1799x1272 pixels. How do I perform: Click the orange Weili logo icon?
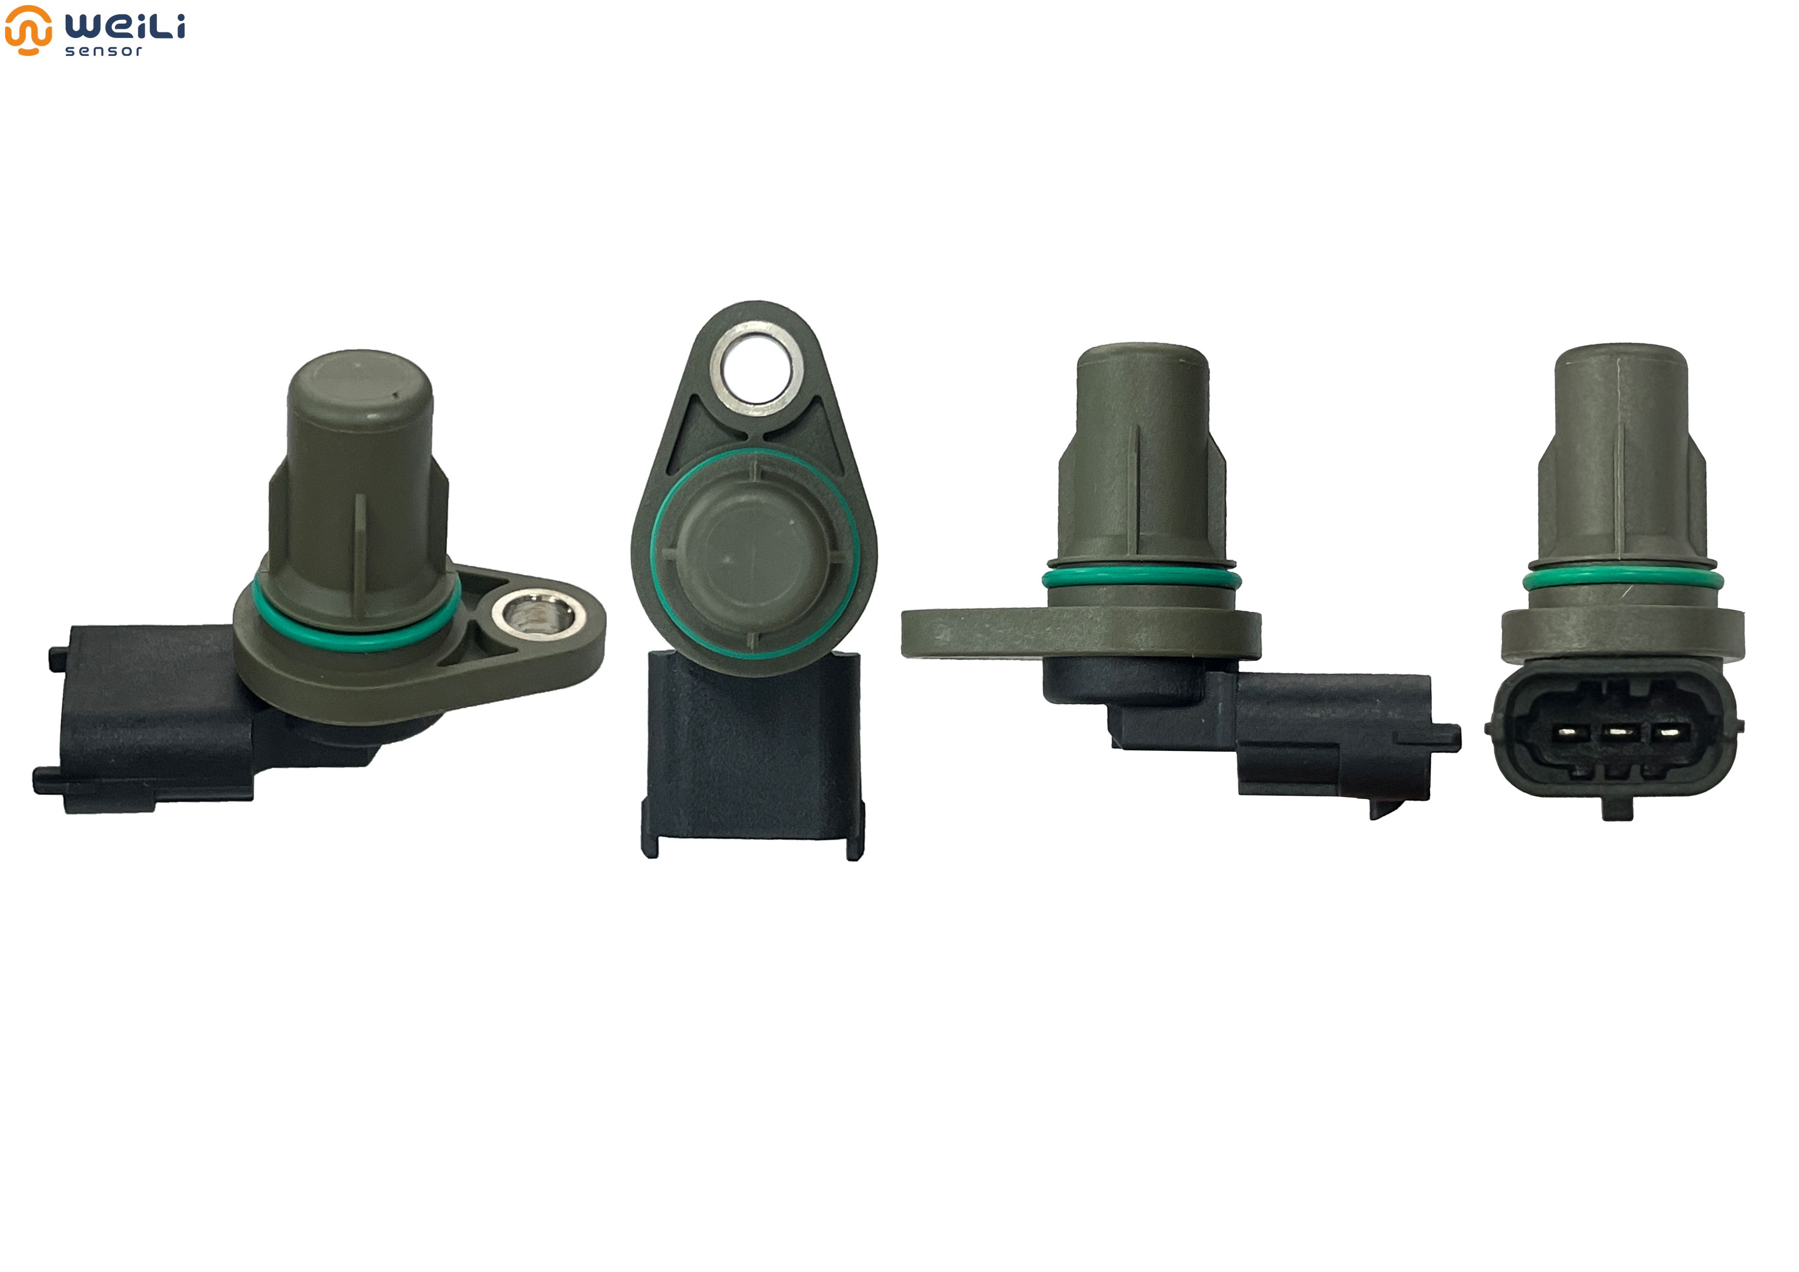pos(28,30)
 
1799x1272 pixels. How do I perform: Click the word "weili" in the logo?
pos(125,26)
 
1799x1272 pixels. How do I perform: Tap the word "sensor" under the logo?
pos(104,51)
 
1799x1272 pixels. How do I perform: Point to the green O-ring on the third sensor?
pos(1142,580)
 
